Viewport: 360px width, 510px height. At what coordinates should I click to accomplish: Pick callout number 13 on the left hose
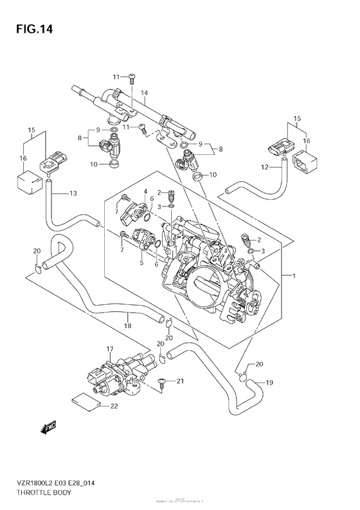point(73,193)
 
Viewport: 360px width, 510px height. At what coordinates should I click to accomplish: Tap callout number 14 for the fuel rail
point(146,93)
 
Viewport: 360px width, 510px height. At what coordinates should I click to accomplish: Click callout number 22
point(114,406)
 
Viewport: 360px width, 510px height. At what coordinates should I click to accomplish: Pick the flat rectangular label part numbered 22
point(85,401)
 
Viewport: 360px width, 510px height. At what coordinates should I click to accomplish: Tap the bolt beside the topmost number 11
point(131,77)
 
